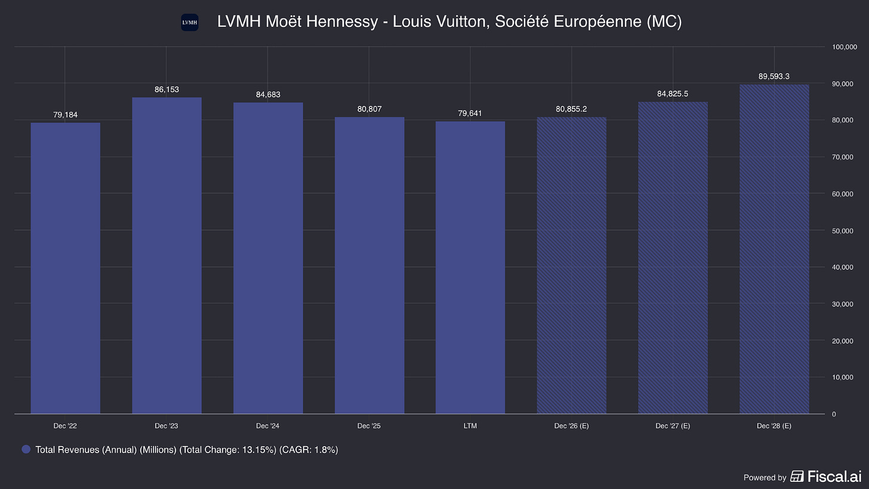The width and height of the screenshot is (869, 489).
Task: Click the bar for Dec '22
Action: tap(66, 268)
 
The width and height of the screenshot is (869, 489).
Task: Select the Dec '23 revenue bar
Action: tap(167, 256)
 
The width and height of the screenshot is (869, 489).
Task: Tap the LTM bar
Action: tap(470, 267)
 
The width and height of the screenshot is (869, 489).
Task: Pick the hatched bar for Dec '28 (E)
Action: tap(774, 249)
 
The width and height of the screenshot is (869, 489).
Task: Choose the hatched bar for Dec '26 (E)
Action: tap(571, 266)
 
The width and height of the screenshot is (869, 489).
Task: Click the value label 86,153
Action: tap(167, 90)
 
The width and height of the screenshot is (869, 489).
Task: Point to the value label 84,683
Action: tap(268, 95)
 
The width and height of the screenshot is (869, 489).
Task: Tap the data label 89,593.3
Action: tap(774, 76)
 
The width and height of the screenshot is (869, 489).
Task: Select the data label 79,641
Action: tap(470, 113)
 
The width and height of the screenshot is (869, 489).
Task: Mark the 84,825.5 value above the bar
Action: tap(673, 94)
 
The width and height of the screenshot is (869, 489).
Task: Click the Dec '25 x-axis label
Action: tap(369, 426)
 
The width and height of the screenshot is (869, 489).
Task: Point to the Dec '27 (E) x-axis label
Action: tap(673, 426)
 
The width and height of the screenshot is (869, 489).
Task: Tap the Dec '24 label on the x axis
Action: tap(267, 426)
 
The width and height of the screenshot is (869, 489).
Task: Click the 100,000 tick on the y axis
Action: tap(845, 47)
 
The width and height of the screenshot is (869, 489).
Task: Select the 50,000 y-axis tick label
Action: tap(843, 231)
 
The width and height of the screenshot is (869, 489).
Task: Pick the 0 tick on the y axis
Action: tap(834, 414)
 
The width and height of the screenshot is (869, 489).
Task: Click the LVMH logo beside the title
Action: tap(190, 23)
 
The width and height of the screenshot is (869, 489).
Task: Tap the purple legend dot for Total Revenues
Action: tap(26, 450)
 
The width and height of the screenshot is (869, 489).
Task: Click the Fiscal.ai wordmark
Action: tap(834, 476)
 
